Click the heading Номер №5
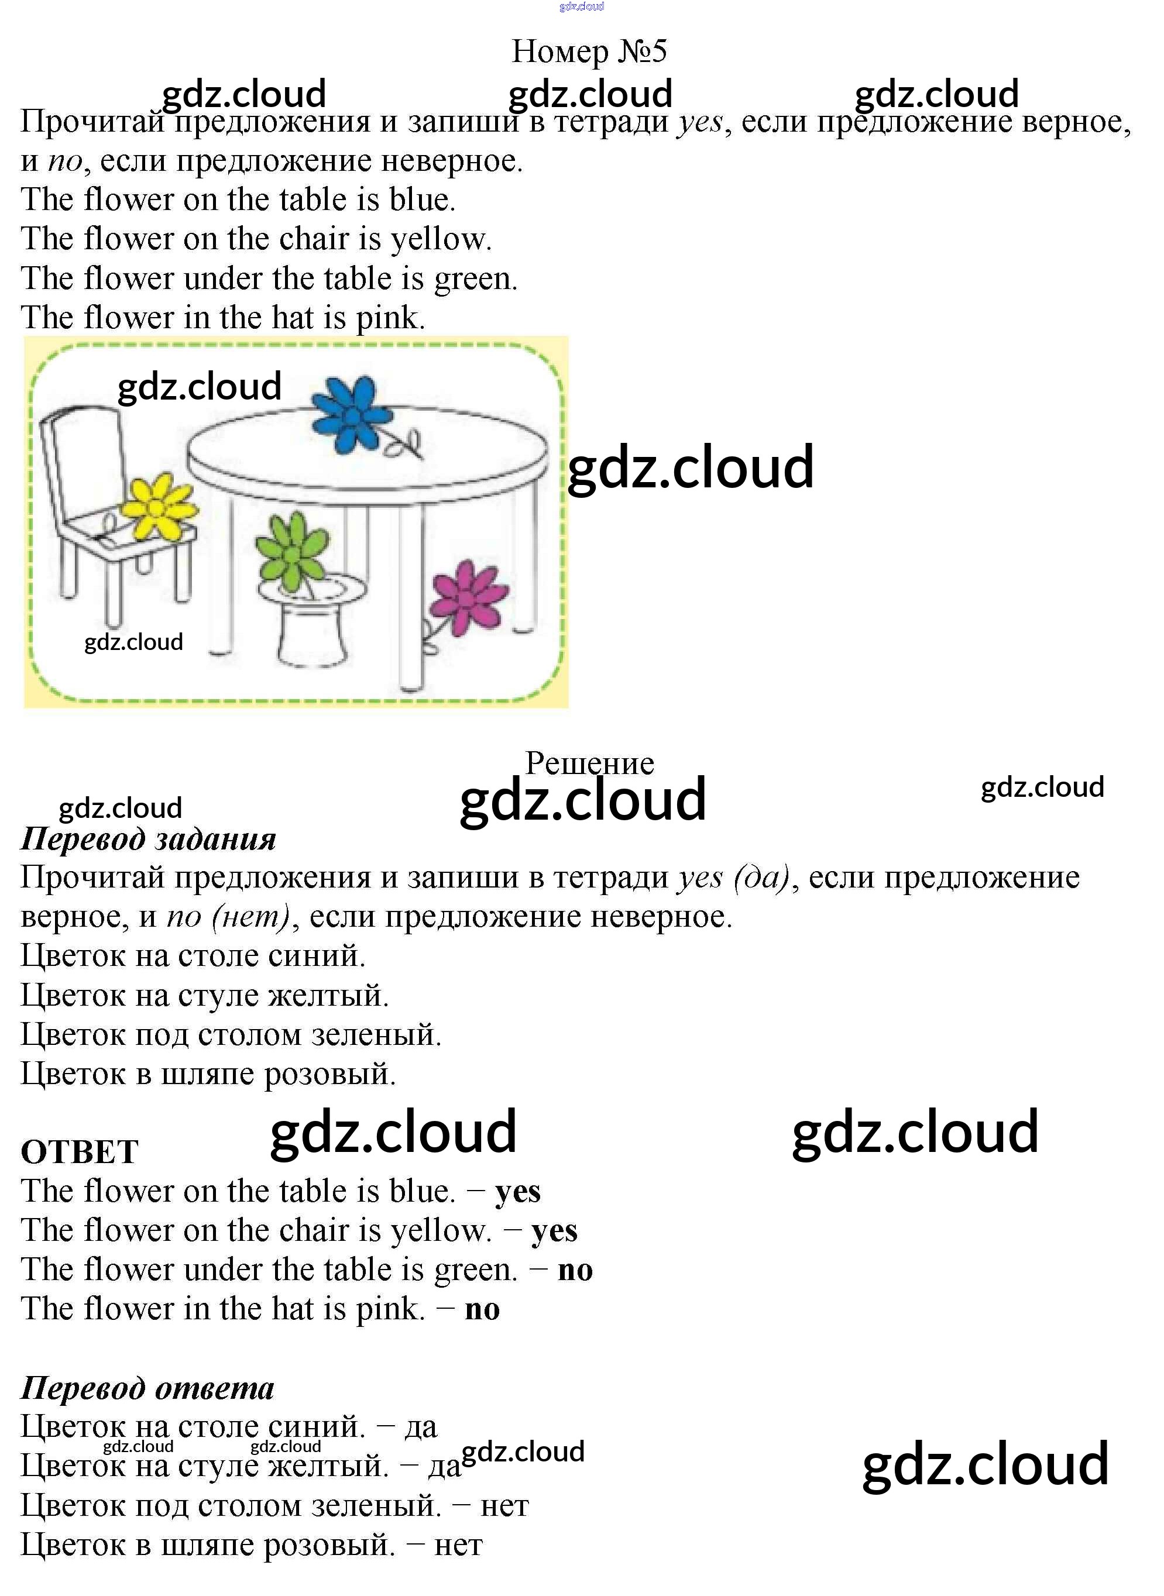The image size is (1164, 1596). pos(589,51)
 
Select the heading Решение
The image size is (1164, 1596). pos(590,763)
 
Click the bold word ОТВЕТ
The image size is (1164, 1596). pos(80,1153)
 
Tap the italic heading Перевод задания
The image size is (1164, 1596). pos(149,840)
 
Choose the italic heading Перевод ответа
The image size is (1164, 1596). pos(147,1388)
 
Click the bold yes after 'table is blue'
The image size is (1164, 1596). pos(518,1192)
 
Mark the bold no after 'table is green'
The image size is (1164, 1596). pos(575,1270)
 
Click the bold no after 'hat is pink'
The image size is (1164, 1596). pos(483,1309)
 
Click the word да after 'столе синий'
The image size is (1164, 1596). pos(421,1427)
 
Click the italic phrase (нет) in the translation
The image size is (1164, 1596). pos(252,917)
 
